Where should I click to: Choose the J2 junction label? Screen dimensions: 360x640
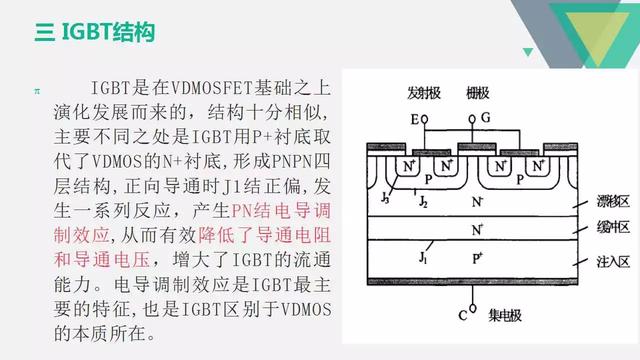[x=424, y=200]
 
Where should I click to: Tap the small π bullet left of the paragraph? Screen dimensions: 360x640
[x=38, y=91]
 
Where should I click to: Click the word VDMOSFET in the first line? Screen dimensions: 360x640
[x=207, y=89]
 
